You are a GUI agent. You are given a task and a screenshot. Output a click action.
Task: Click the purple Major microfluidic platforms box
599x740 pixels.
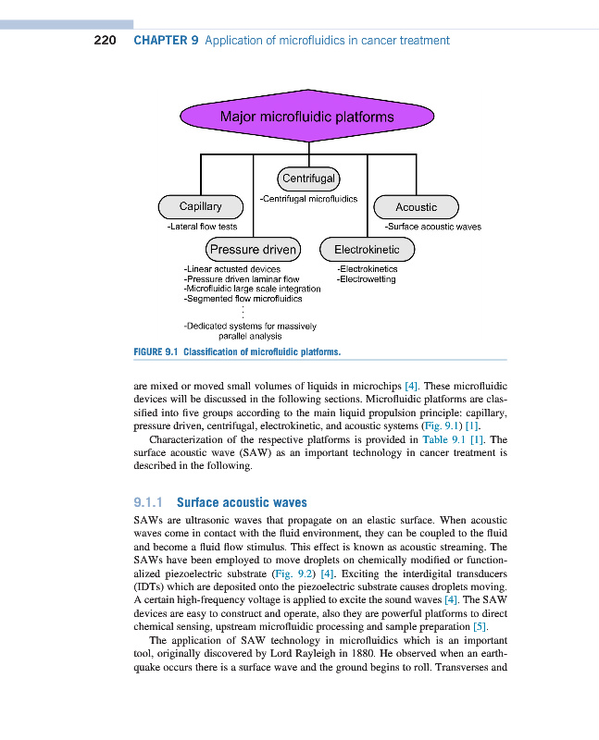(x=306, y=117)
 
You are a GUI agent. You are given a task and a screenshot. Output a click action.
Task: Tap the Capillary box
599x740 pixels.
(x=200, y=206)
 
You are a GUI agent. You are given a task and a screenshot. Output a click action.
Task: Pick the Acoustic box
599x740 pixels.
(x=416, y=207)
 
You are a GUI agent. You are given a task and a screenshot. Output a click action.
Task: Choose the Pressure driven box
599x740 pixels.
(x=253, y=249)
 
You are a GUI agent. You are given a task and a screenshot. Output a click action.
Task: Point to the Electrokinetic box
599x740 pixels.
(x=367, y=249)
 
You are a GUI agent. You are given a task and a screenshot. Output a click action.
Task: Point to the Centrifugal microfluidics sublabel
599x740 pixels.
(x=309, y=198)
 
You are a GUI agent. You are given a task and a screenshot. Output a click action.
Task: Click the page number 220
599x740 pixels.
(x=105, y=41)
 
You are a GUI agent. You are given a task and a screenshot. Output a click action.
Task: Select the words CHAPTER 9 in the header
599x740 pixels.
(x=167, y=41)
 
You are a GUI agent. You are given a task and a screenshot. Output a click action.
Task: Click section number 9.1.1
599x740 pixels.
(x=149, y=502)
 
